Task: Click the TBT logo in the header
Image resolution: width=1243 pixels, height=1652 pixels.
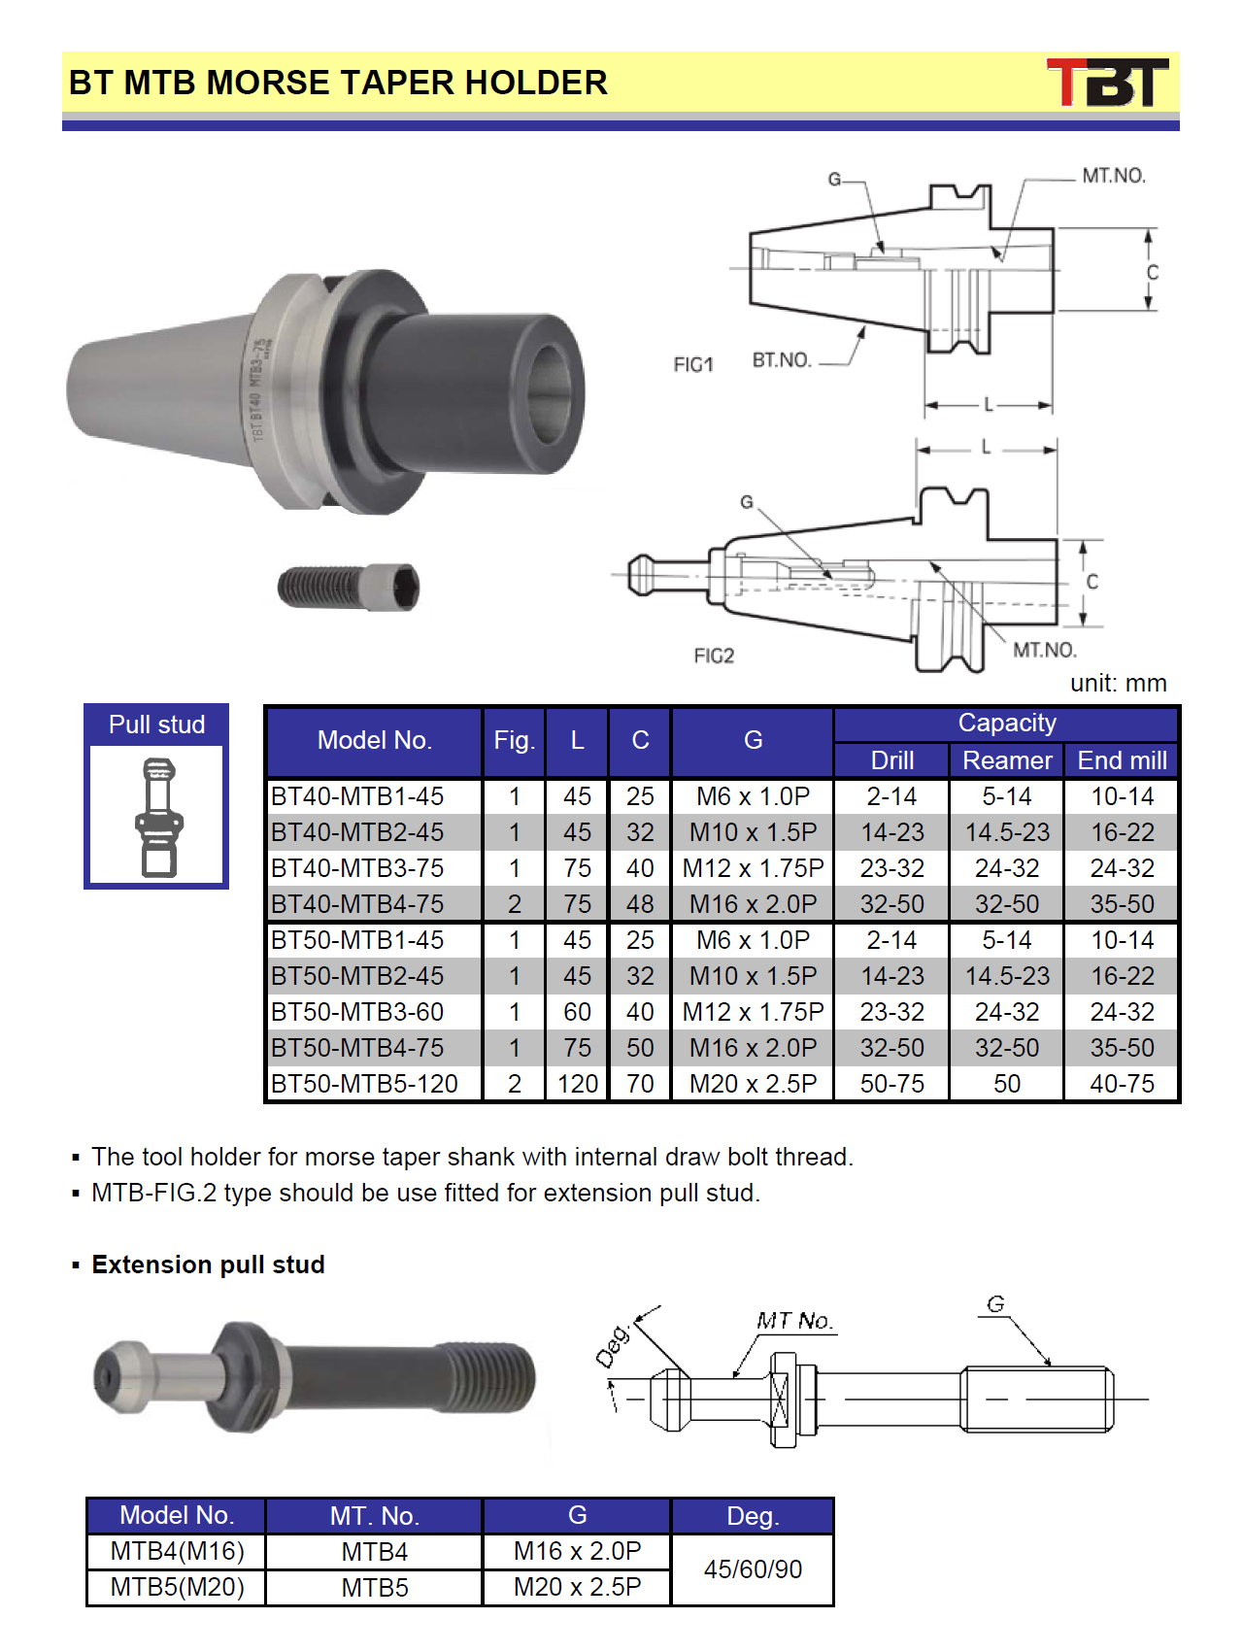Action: click(1107, 83)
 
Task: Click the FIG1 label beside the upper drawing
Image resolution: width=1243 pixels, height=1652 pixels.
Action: click(693, 364)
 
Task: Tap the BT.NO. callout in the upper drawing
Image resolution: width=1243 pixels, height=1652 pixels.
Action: click(782, 360)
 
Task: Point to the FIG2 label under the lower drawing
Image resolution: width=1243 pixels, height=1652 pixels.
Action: click(714, 657)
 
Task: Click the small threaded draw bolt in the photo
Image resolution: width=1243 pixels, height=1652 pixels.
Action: click(349, 587)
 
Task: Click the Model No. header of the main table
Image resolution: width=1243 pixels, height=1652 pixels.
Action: click(374, 741)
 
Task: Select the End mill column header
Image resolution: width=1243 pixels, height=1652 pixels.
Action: click(1122, 760)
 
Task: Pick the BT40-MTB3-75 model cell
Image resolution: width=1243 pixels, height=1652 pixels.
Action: click(357, 868)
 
